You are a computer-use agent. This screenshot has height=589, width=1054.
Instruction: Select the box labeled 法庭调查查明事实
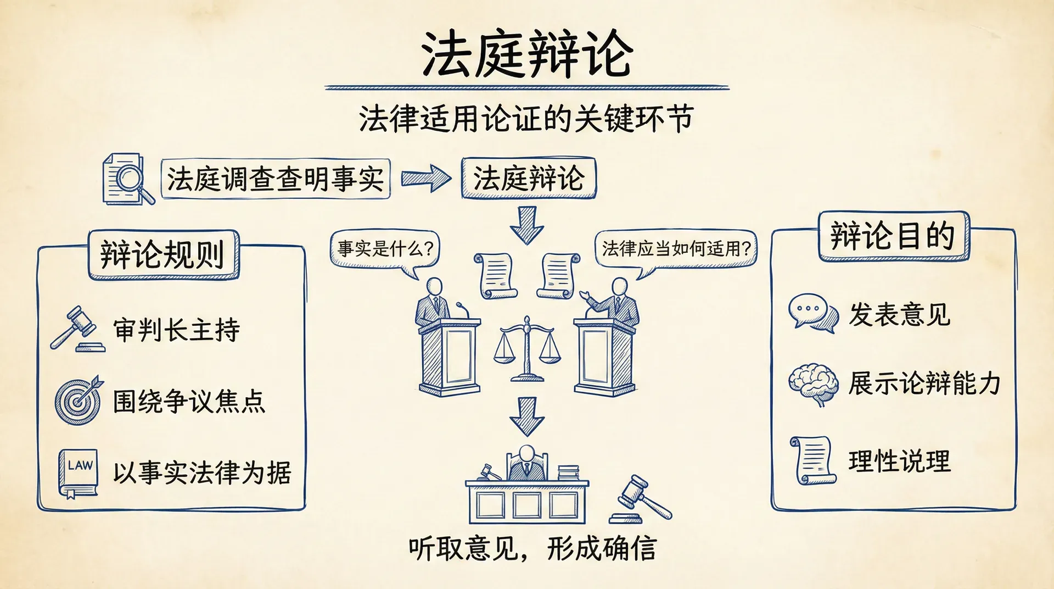[x=276, y=179]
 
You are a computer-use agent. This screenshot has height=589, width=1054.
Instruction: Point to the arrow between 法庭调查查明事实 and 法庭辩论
[x=425, y=179]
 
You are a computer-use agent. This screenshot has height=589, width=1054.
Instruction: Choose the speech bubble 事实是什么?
[x=385, y=248]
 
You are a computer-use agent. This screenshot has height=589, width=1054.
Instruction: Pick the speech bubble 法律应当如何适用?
[x=676, y=248]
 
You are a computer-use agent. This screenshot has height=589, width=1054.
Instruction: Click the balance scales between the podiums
[x=527, y=349]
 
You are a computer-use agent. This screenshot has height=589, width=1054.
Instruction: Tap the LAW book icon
[x=79, y=473]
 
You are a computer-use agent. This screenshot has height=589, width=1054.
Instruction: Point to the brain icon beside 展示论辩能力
[x=814, y=384]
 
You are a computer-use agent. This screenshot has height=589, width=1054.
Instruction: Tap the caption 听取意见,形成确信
[x=532, y=548]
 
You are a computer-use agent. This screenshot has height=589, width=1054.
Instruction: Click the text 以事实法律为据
[x=202, y=473]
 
